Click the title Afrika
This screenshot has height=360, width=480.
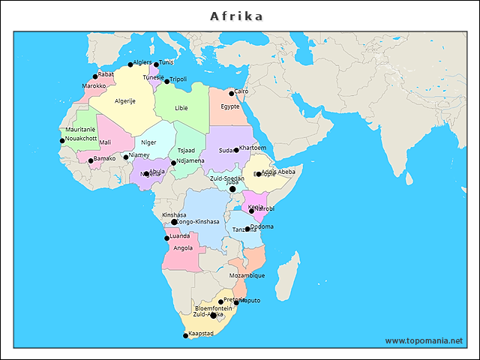pos(236,16)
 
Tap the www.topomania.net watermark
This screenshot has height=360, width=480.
pos(424,340)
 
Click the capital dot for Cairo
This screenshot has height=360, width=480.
pos(232,94)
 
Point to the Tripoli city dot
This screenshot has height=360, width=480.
pos(167,81)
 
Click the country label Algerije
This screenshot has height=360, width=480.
pos(125,101)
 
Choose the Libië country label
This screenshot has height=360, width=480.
pos(181,108)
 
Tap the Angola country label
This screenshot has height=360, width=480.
pos(183,247)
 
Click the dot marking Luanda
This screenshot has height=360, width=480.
pos(167,238)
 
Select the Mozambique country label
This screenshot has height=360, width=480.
pos(247,275)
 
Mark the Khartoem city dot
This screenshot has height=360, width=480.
pos(236,150)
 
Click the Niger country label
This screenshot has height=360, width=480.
pos(149,142)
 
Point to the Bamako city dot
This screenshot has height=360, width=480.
pos(91,160)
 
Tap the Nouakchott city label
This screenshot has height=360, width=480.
pos(81,138)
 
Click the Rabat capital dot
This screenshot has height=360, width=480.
pos(95,76)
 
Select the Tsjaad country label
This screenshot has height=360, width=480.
pos(186,151)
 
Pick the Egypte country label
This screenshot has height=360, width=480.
pos(230,106)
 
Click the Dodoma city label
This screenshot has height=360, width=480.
pos(262,226)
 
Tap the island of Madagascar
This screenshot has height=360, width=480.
pos(288,270)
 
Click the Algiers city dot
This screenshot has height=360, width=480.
pos(130,65)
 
